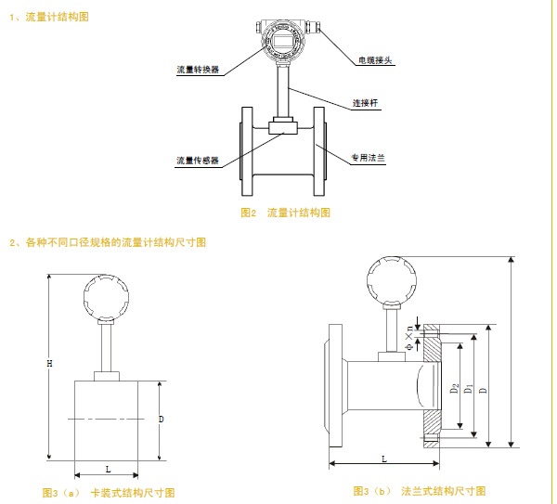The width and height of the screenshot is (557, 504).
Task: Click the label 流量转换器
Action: (x=198, y=70)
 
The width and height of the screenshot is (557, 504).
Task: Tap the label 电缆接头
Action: (x=376, y=61)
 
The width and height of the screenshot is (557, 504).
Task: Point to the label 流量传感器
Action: (x=198, y=160)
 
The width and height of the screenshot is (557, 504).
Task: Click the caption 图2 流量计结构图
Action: (x=285, y=213)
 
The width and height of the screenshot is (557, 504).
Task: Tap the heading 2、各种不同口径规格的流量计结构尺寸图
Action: (x=108, y=242)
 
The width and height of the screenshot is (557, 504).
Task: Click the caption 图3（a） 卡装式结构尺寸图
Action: (x=109, y=491)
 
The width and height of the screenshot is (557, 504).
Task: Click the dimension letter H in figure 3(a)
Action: (x=49, y=364)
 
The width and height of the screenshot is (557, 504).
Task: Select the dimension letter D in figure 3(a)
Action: (x=162, y=420)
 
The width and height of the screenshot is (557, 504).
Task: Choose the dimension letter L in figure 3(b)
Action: (x=383, y=459)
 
